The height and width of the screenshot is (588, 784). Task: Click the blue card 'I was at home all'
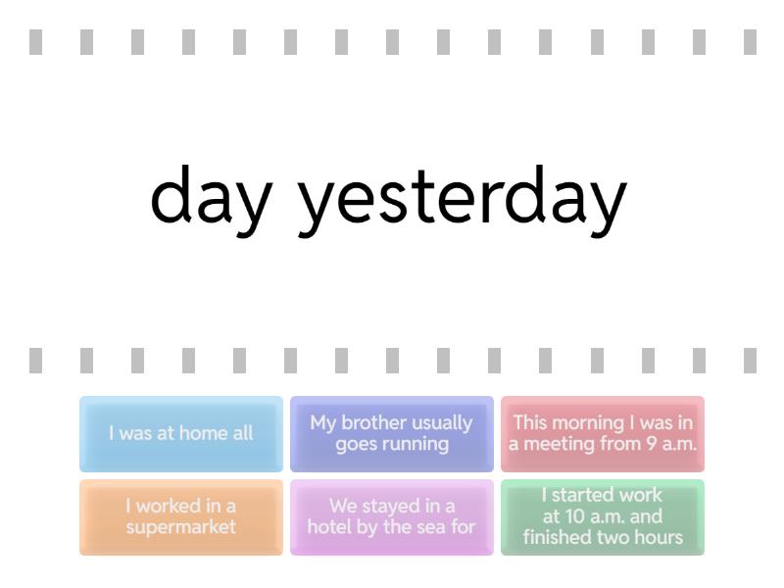[181, 433]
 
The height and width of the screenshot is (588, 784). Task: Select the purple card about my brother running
[391, 433]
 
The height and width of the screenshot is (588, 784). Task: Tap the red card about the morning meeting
[603, 433]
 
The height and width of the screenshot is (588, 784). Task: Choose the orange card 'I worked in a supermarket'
[181, 517]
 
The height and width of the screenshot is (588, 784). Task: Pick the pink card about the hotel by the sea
[391, 517]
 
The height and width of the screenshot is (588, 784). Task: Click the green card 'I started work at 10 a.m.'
[603, 517]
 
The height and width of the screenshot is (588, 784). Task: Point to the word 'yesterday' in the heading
[462, 200]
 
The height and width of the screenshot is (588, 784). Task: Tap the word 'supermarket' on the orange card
[181, 527]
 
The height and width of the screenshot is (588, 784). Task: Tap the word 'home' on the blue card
[198, 433]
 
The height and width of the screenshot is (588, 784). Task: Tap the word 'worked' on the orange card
[164, 506]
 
